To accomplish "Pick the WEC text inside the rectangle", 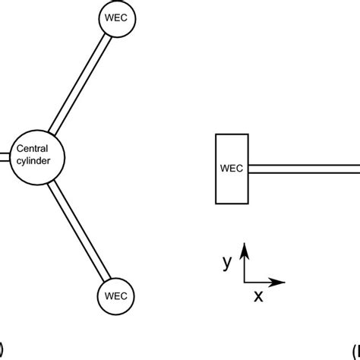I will [x=232, y=169].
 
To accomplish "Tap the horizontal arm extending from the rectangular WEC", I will [x=304, y=169].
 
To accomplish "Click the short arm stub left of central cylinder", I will [x=4, y=158].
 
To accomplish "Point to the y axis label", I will [x=226, y=262].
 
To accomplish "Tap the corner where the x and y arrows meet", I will [x=244, y=283].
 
